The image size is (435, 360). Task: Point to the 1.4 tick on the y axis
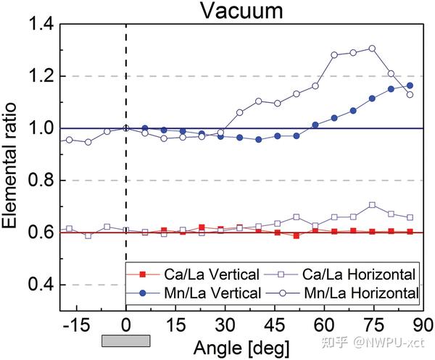pos(41,25)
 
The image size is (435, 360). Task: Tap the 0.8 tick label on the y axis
pos(41,180)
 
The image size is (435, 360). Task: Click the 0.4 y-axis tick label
pos(41,285)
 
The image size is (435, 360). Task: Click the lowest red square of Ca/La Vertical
pos(296,236)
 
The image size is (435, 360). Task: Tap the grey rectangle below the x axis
pos(125,340)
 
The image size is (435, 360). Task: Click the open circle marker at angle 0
pos(126,128)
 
